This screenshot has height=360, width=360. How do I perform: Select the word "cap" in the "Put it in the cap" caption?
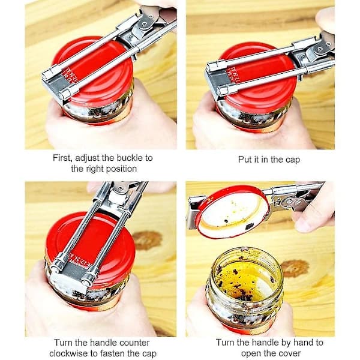point(293,160)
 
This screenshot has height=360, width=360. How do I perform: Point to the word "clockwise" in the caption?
point(68,353)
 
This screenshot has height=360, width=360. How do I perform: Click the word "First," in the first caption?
point(62,158)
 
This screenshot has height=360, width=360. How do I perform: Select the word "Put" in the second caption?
point(244,160)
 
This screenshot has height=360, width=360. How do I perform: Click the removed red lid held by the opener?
point(233,212)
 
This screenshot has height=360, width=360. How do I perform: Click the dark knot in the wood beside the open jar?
point(295,268)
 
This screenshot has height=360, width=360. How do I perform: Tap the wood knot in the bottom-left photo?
point(147,240)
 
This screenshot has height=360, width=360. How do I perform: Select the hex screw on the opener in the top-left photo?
point(145,23)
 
